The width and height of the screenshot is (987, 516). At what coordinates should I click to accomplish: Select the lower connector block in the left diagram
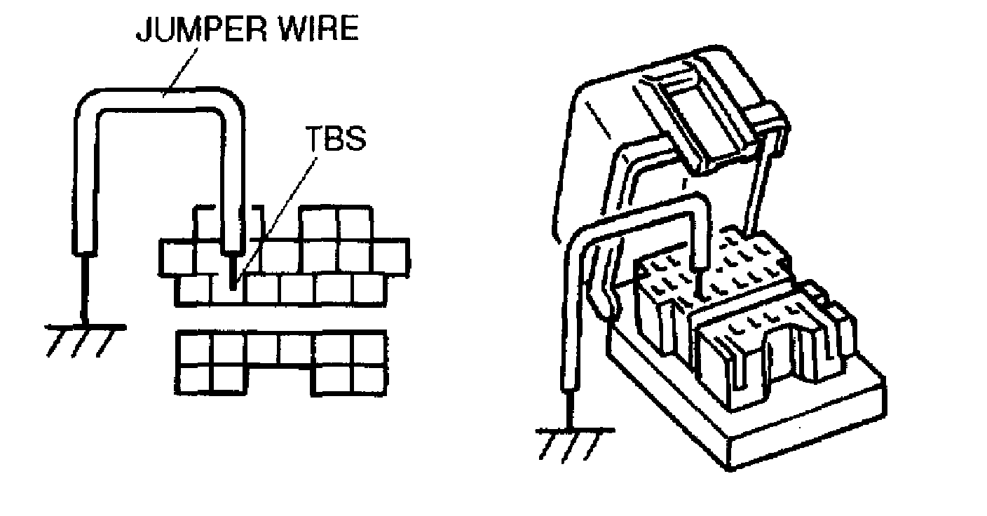281,361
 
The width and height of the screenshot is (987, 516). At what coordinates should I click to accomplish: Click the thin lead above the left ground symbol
85,287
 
